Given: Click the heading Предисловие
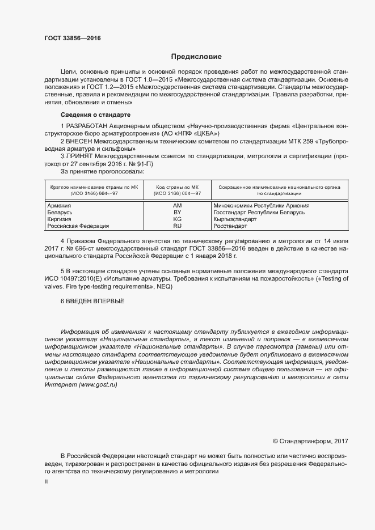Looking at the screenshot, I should click(196, 57).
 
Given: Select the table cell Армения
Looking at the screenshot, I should click(59, 205).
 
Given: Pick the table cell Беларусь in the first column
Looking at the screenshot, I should click(60, 212).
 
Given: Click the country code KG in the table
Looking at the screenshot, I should click(177, 219).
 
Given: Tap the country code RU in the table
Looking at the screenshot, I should click(177, 226).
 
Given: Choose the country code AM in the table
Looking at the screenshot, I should click(177, 205).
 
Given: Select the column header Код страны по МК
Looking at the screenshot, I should click(177, 186).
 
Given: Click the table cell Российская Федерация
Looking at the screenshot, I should click(74, 226).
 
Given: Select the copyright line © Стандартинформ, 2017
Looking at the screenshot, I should click(310, 440).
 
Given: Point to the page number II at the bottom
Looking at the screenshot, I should click(46, 481).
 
